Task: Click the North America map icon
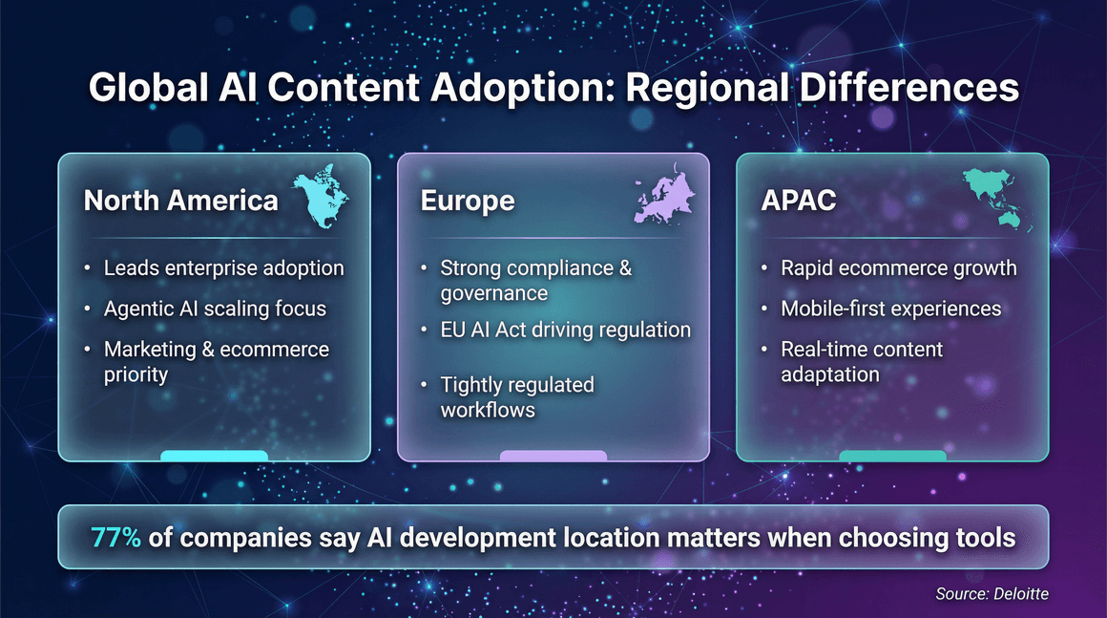coord(320,198)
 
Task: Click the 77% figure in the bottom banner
coord(116,538)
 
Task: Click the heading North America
coord(181,201)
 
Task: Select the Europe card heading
coord(468,201)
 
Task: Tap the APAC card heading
coord(799,201)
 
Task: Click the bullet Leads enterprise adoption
coord(223,267)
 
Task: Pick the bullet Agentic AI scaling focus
coord(215,309)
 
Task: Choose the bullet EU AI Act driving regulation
coord(565,330)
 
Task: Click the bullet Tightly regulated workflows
coord(516,397)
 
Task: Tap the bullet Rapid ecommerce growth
coord(898,267)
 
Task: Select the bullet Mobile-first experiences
coord(890,309)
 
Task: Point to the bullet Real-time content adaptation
coord(861,361)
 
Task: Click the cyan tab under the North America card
coord(214,456)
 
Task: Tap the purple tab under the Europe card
coord(553,456)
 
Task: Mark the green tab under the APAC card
coord(892,456)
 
